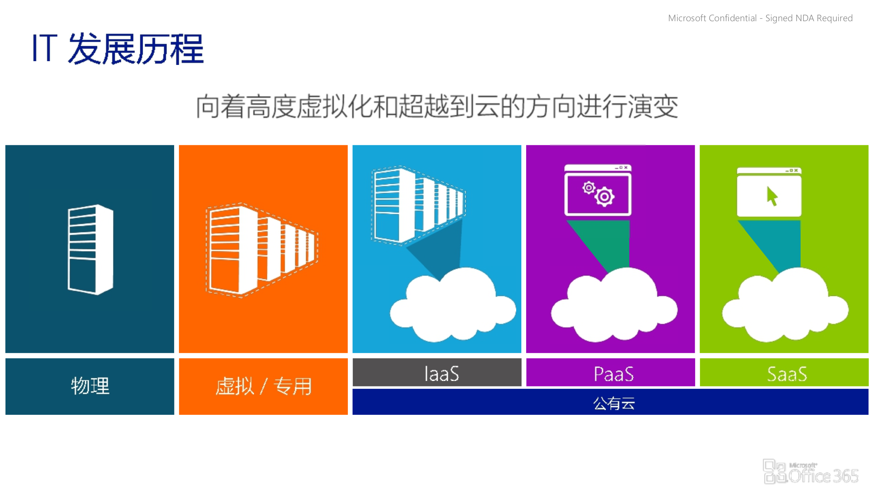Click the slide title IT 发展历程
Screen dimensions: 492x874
[x=118, y=49]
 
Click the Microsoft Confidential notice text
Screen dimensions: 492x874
[x=760, y=18]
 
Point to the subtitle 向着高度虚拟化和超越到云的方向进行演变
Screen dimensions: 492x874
[x=437, y=107]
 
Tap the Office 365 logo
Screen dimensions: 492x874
[x=810, y=472]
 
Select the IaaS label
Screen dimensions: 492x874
[x=441, y=373]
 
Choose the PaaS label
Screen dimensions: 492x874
[x=614, y=373]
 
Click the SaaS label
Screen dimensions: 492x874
[x=787, y=373]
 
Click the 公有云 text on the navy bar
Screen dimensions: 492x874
[x=614, y=403]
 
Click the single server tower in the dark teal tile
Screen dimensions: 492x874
[x=90, y=249]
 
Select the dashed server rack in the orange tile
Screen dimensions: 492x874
[x=261, y=249]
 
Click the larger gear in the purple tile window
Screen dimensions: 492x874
[x=605, y=197]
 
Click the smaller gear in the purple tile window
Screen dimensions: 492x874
[x=589, y=188]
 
